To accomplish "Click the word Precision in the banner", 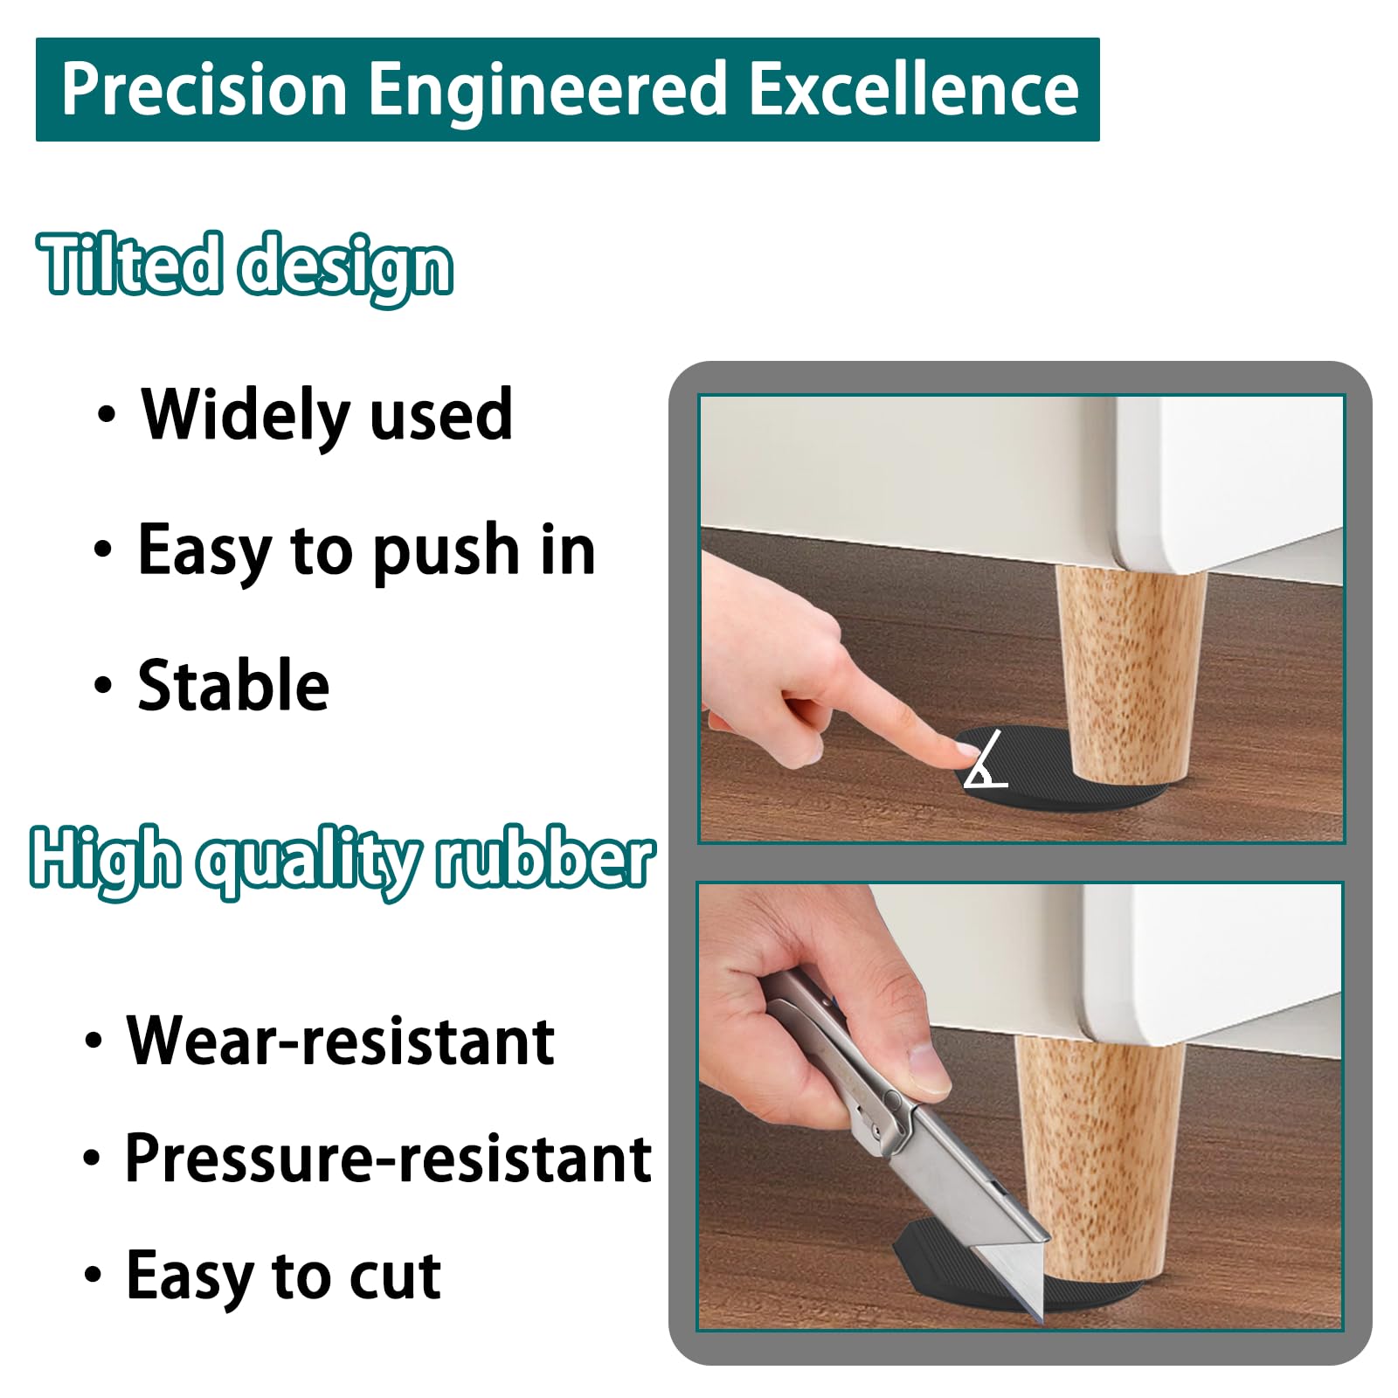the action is (x=204, y=89).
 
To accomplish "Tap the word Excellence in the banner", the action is (x=915, y=89).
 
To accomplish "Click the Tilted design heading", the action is (x=246, y=265).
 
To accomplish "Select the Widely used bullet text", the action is (x=327, y=414).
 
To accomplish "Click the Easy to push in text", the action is (x=366, y=550).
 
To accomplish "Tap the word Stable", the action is (x=233, y=685).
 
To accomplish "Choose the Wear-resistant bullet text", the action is (x=340, y=1041).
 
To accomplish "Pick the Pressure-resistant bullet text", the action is (x=388, y=1159).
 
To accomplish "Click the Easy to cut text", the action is (x=283, y=1276).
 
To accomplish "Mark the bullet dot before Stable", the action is (x=103, y=685).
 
